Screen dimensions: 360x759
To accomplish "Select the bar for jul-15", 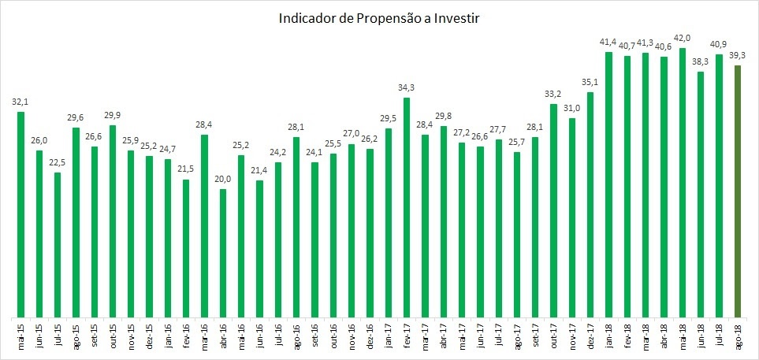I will tap(58, 244).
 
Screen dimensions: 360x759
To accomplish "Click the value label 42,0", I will tap(683, 37).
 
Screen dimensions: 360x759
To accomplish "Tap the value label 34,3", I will tap(407, 87).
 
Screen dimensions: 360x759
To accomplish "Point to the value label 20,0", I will tap(223, 179).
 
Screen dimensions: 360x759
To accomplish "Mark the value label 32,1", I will tap(20, 102).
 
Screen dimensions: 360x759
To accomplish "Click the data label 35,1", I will tap(590, 81).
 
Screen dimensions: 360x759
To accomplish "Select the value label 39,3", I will tap(738, 55).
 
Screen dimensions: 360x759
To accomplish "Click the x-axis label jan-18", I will tap(609, 334).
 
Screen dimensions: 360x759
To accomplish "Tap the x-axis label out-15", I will tap(113, 334).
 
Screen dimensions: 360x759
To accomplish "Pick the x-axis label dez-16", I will tap(370, 334).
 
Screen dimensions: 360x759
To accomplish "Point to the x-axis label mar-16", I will tap(204, 334).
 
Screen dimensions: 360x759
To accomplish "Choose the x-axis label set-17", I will tap(535, 334).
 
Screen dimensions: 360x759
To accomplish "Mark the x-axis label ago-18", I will tap(738, 334).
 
